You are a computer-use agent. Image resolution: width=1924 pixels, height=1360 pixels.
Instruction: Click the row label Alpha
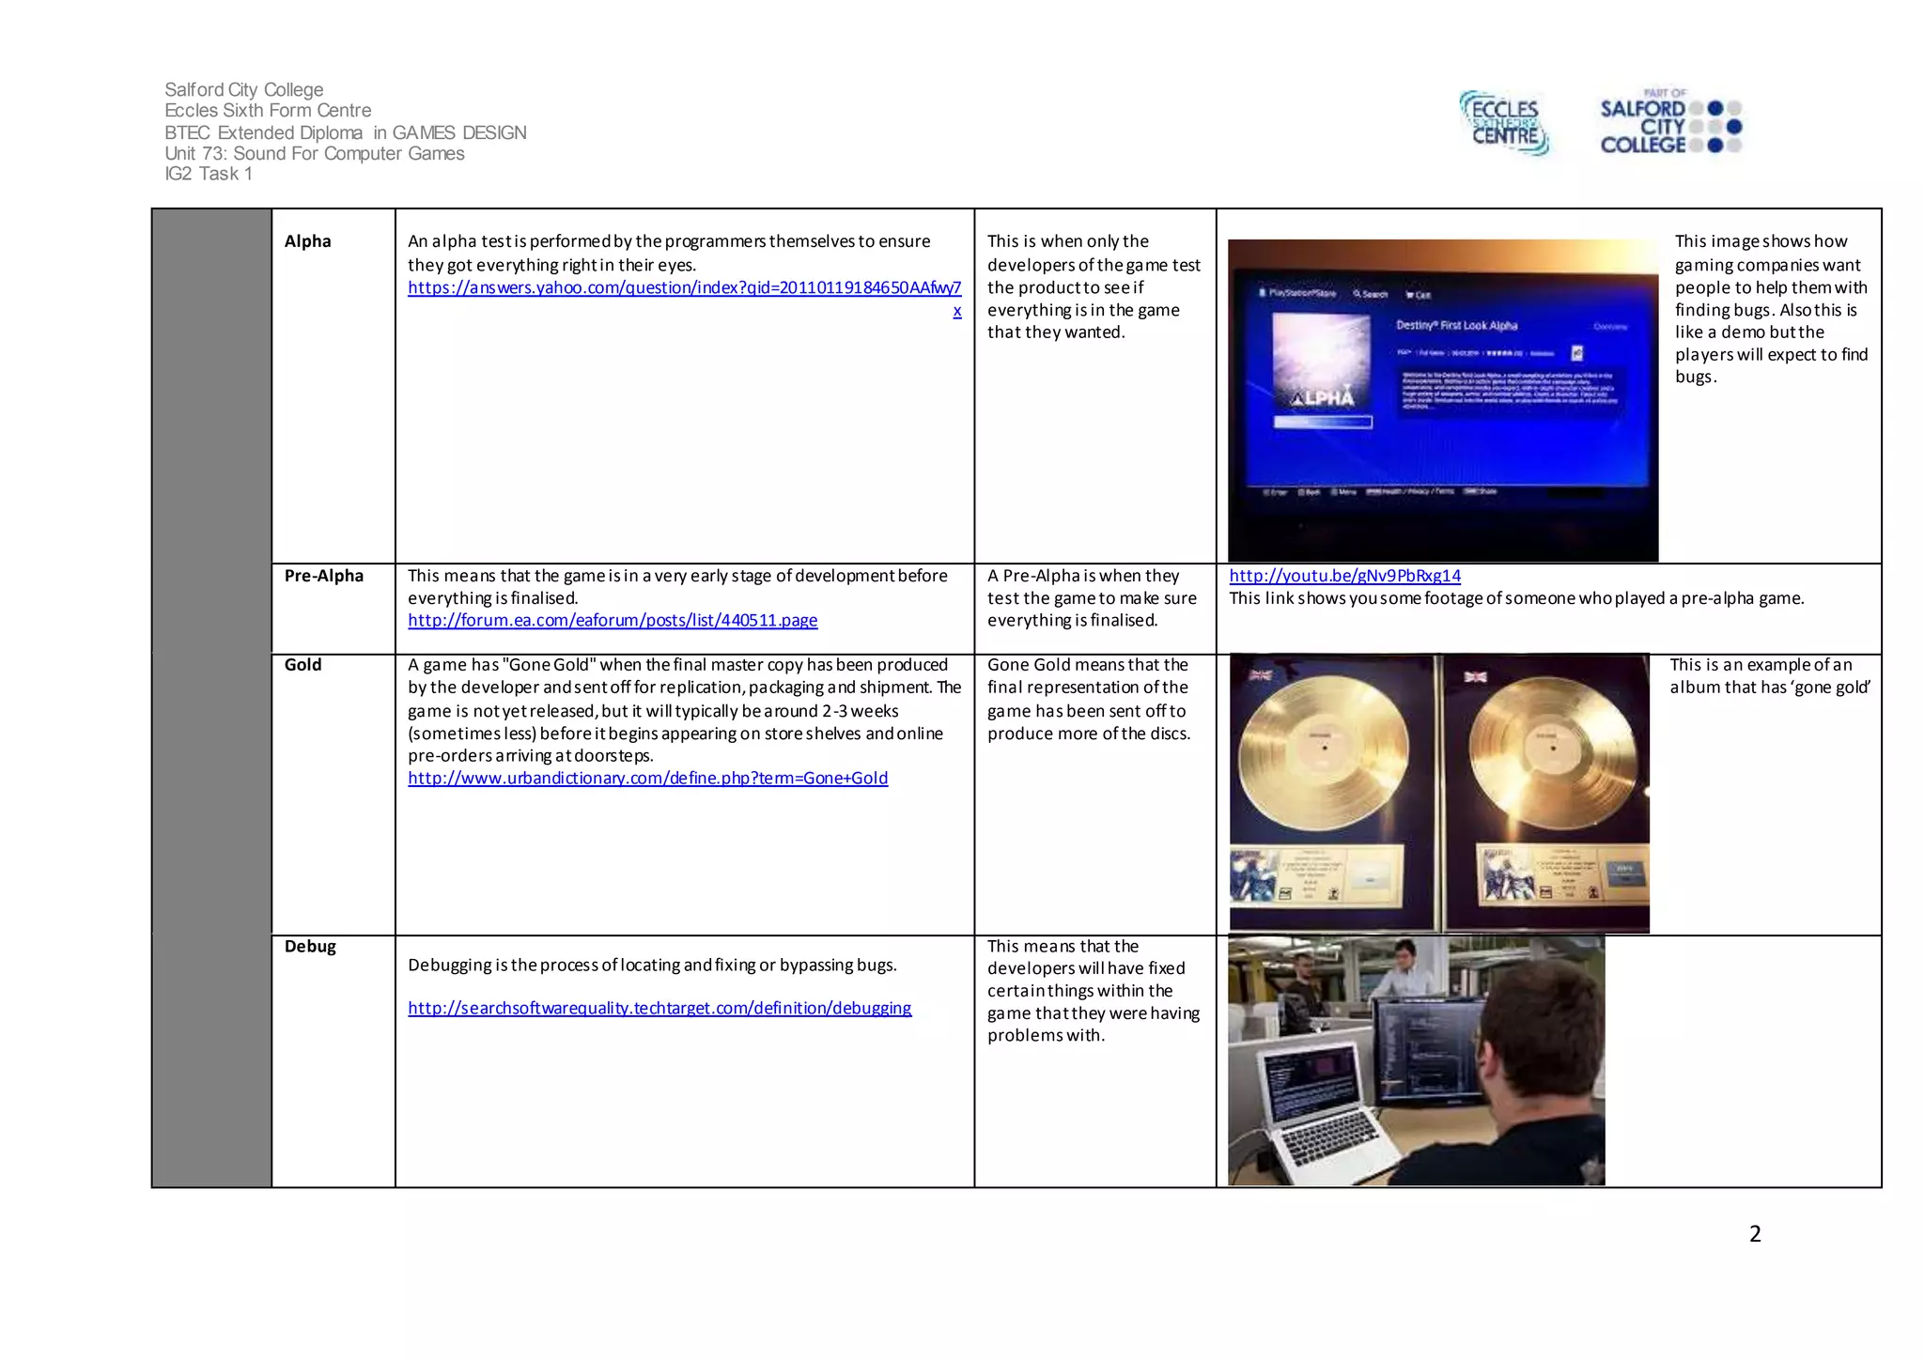[307, 241]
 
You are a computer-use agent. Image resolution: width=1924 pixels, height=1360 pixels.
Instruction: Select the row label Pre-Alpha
[323, 576]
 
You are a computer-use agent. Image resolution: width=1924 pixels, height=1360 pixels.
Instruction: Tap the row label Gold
[303, 665]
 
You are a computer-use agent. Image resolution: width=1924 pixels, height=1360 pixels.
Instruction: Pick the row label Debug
[310, 947]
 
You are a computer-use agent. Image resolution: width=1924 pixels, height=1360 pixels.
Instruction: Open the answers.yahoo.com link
[684, 287]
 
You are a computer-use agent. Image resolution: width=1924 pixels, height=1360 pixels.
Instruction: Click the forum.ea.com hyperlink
[613, 621]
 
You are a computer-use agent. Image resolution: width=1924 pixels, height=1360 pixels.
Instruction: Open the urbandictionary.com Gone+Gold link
[647, 779]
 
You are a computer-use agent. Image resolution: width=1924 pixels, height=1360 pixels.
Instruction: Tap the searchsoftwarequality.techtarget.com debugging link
[659, 1009]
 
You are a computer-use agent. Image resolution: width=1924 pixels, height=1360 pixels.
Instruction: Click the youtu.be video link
[1344, 576]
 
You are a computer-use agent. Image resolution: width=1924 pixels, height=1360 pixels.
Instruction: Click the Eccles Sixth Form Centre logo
[1504, 123]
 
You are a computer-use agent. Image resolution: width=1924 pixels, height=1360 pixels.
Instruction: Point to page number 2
[1754, 1234]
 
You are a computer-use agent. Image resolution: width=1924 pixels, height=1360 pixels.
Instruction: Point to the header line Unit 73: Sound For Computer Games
[314, 154]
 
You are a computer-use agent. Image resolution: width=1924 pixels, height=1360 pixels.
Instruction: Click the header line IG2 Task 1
[209, 174]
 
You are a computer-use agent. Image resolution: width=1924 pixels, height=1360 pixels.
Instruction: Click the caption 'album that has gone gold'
[1769, 688]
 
